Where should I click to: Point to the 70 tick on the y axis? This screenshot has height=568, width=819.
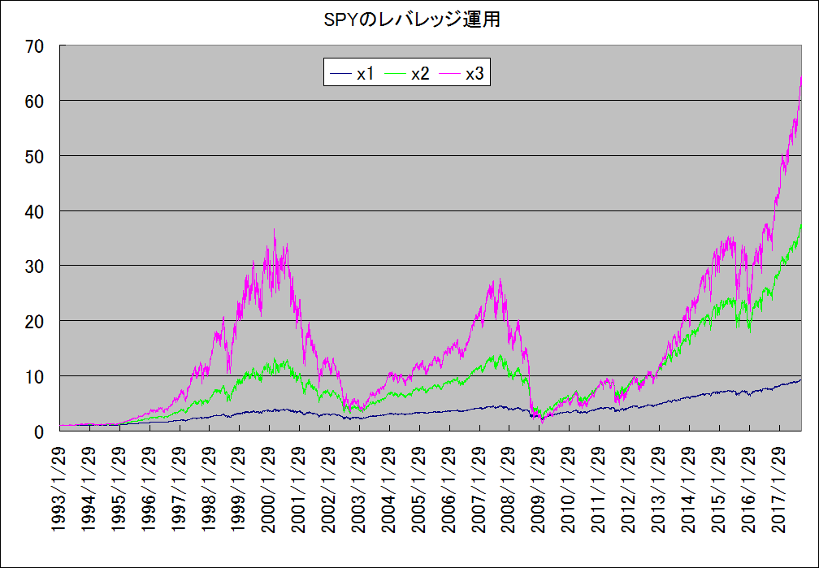33,46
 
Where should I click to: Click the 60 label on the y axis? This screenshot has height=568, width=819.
33,102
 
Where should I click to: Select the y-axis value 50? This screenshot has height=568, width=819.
33,156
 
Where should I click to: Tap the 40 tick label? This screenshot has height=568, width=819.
33,211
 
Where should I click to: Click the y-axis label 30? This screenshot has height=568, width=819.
33,267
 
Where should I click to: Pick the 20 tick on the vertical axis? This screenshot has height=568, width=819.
33,322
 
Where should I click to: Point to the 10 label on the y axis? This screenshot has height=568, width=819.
33,377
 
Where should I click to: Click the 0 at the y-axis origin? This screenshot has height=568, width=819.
38,431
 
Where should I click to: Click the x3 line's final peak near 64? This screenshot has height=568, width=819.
802,76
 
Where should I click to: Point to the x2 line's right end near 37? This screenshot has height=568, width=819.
802,225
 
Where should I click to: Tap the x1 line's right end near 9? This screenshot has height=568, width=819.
801,380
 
